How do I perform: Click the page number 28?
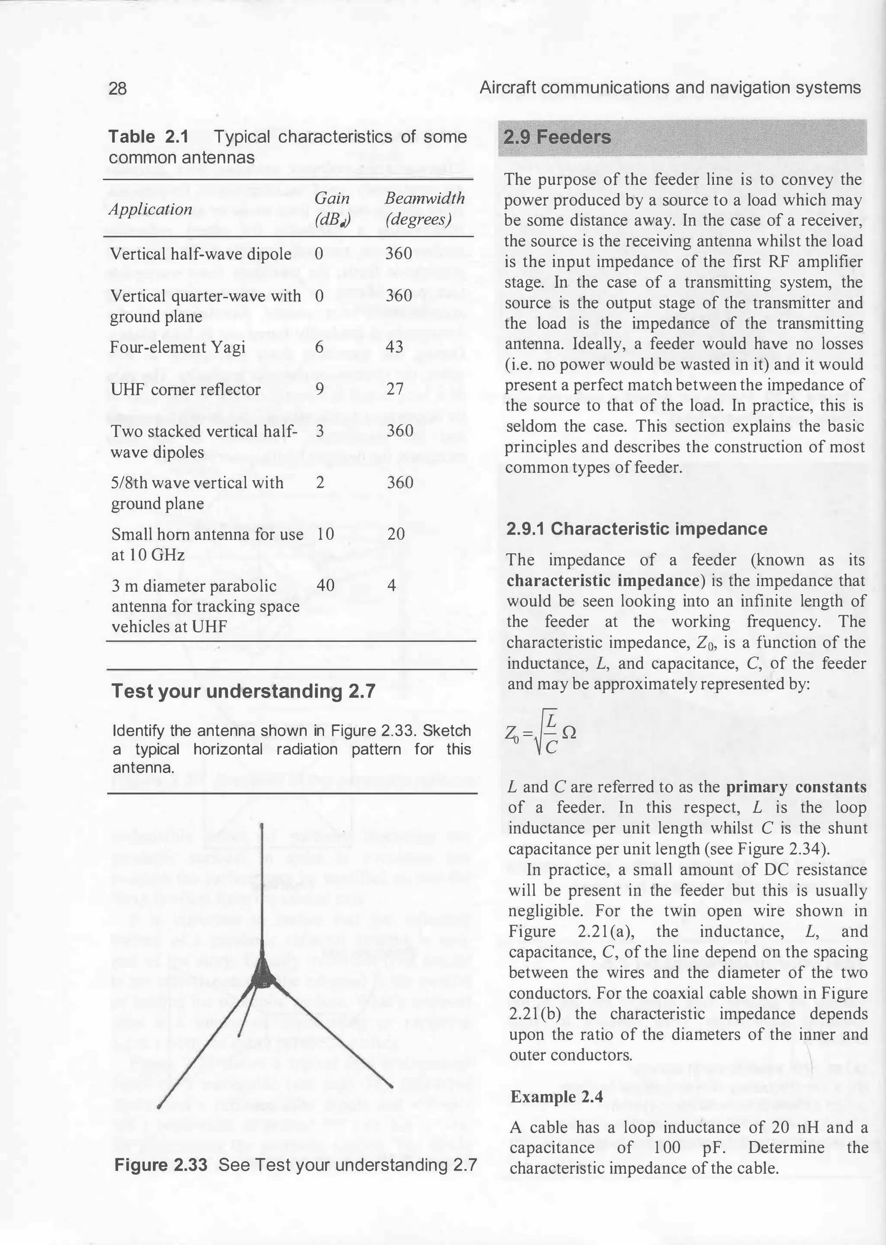click(x=118, y=88)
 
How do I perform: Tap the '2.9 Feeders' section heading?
click(x=557, y=137)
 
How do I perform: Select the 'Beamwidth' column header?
click(x=424, y=199)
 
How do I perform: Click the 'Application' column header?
click(x=151, y=209)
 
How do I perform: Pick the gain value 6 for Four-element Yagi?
click(x=320, y=347)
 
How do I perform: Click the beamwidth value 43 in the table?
click(x=395, y=347)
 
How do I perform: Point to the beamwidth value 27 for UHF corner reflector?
click(x=394, y=389)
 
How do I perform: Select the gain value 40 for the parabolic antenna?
click(x=325, y=586)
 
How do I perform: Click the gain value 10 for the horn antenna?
click(x=325, y=534)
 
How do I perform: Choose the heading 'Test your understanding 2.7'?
click(x=243, y=691)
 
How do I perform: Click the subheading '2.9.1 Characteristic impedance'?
click(x=637, y=529)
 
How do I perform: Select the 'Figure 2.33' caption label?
click(x=161, y=1165)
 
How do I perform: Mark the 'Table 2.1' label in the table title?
click(x=148, y=136)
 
